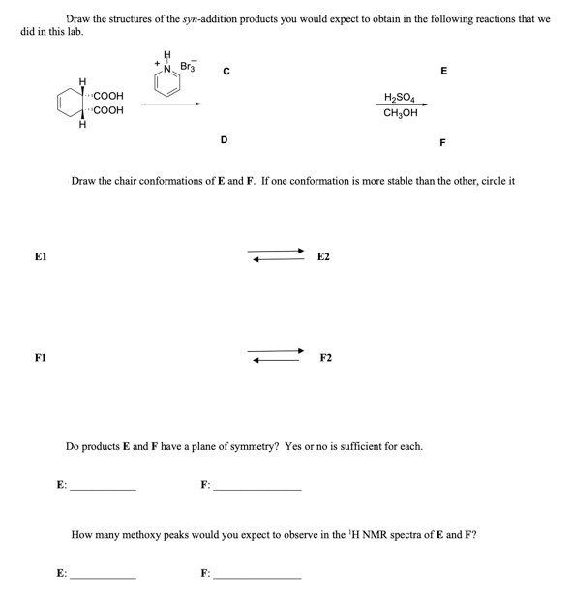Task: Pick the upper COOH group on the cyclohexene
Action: (x=107, y=97)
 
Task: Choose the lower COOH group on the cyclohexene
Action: (x=107, y=111)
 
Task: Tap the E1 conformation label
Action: (x=41, y=257)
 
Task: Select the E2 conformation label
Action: (x=323, y=257)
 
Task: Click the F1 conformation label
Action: (x=41, y=358)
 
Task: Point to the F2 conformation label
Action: (x=325, y=358)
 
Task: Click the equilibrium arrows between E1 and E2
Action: (x=277, y=255)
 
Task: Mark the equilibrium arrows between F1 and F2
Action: (x=277, y=356)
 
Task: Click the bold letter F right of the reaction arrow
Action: (x=442, y=142)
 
